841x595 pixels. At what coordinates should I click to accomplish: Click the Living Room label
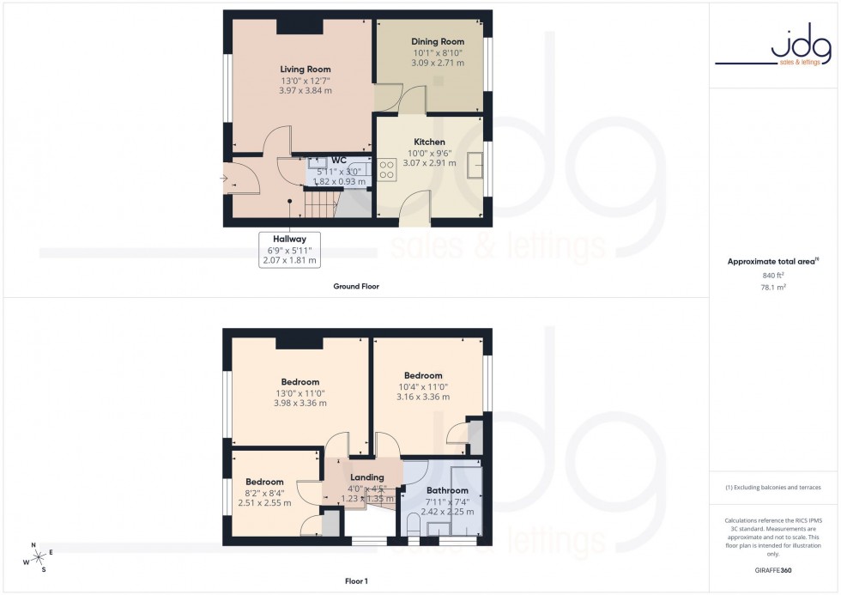[305, 70]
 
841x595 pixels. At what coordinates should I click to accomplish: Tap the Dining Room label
[438, 41]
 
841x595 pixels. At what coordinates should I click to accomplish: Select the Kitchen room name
[429, 142]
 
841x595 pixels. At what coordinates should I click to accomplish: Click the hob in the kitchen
[385, 168]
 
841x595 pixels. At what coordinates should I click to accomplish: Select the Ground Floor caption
[356, 286]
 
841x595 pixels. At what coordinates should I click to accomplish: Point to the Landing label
[367, 477]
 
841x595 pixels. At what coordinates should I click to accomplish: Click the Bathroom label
[447, 491]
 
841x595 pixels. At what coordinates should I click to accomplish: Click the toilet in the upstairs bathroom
[414, 526]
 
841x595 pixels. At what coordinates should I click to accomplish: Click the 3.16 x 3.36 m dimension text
[423, 397]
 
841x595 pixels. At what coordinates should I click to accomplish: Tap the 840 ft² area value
[774, 275]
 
